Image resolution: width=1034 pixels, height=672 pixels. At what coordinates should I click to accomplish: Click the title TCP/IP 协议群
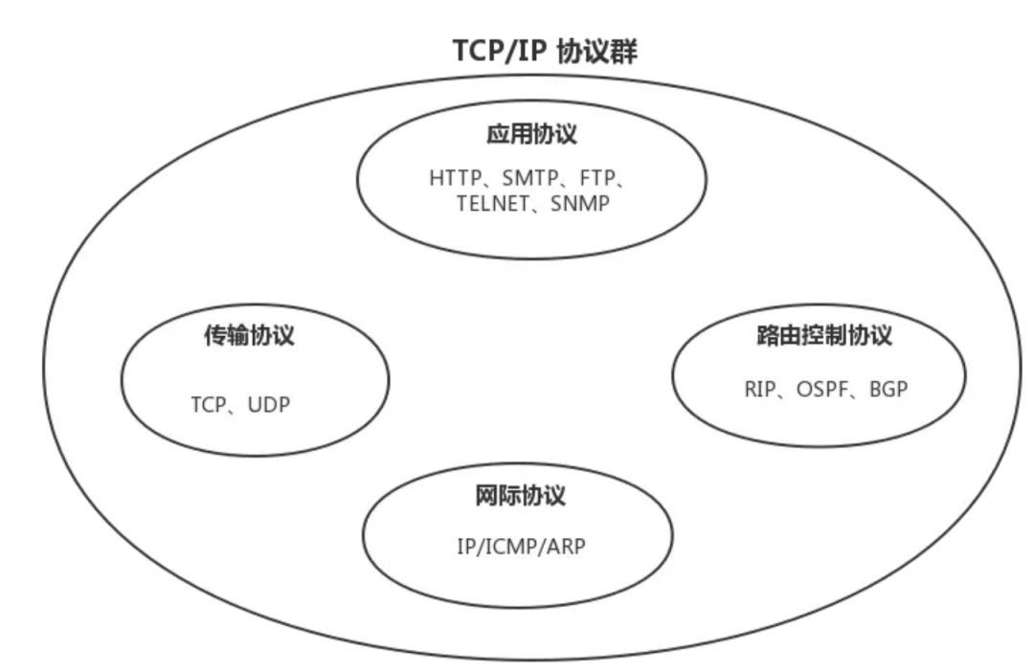[545, 52]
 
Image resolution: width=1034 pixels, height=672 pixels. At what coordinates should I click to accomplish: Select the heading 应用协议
[532, 134]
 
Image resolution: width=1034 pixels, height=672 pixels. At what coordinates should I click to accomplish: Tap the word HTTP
[456, 178]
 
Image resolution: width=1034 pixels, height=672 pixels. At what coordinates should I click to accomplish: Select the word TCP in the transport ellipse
[207, 405]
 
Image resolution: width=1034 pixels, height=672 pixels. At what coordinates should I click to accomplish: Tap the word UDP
[268, 405]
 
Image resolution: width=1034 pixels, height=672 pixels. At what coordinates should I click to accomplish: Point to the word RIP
[757, 390]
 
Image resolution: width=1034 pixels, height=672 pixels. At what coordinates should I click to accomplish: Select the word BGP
[888, 390]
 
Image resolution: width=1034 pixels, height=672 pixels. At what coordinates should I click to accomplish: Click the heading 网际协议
[520, 497]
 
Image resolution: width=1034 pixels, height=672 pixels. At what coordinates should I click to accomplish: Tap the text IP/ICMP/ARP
[520, 548]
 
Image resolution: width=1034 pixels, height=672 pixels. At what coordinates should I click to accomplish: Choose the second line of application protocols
[532, 204]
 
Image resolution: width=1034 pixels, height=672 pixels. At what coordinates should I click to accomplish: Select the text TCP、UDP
[239, 405]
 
